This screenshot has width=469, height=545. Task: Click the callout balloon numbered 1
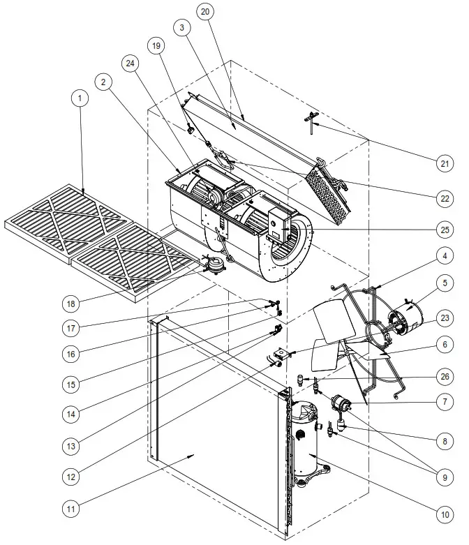[81, 99]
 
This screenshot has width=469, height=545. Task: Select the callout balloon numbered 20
[204, 12]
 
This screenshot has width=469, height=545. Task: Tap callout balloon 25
[443, 230]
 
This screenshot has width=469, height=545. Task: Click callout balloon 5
[443, 283]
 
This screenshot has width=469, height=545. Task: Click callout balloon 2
[104, 82]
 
